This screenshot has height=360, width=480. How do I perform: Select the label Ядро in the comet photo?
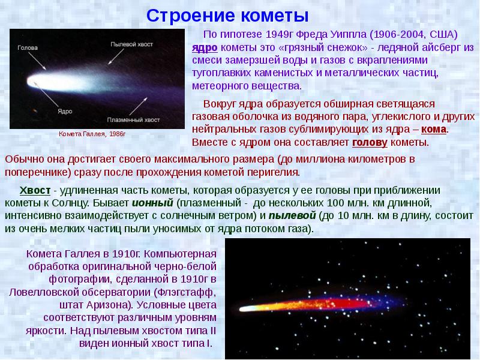65,112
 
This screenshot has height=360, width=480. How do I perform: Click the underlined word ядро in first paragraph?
205,47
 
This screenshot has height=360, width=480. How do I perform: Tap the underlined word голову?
369,143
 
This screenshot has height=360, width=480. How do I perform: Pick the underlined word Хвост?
35,190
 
